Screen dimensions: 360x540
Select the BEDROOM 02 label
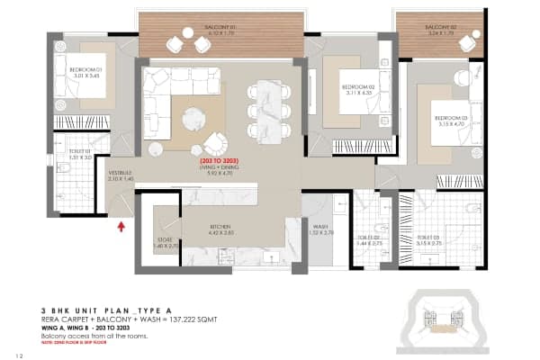coord(356,86)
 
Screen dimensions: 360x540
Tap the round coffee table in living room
coord(192,117)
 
